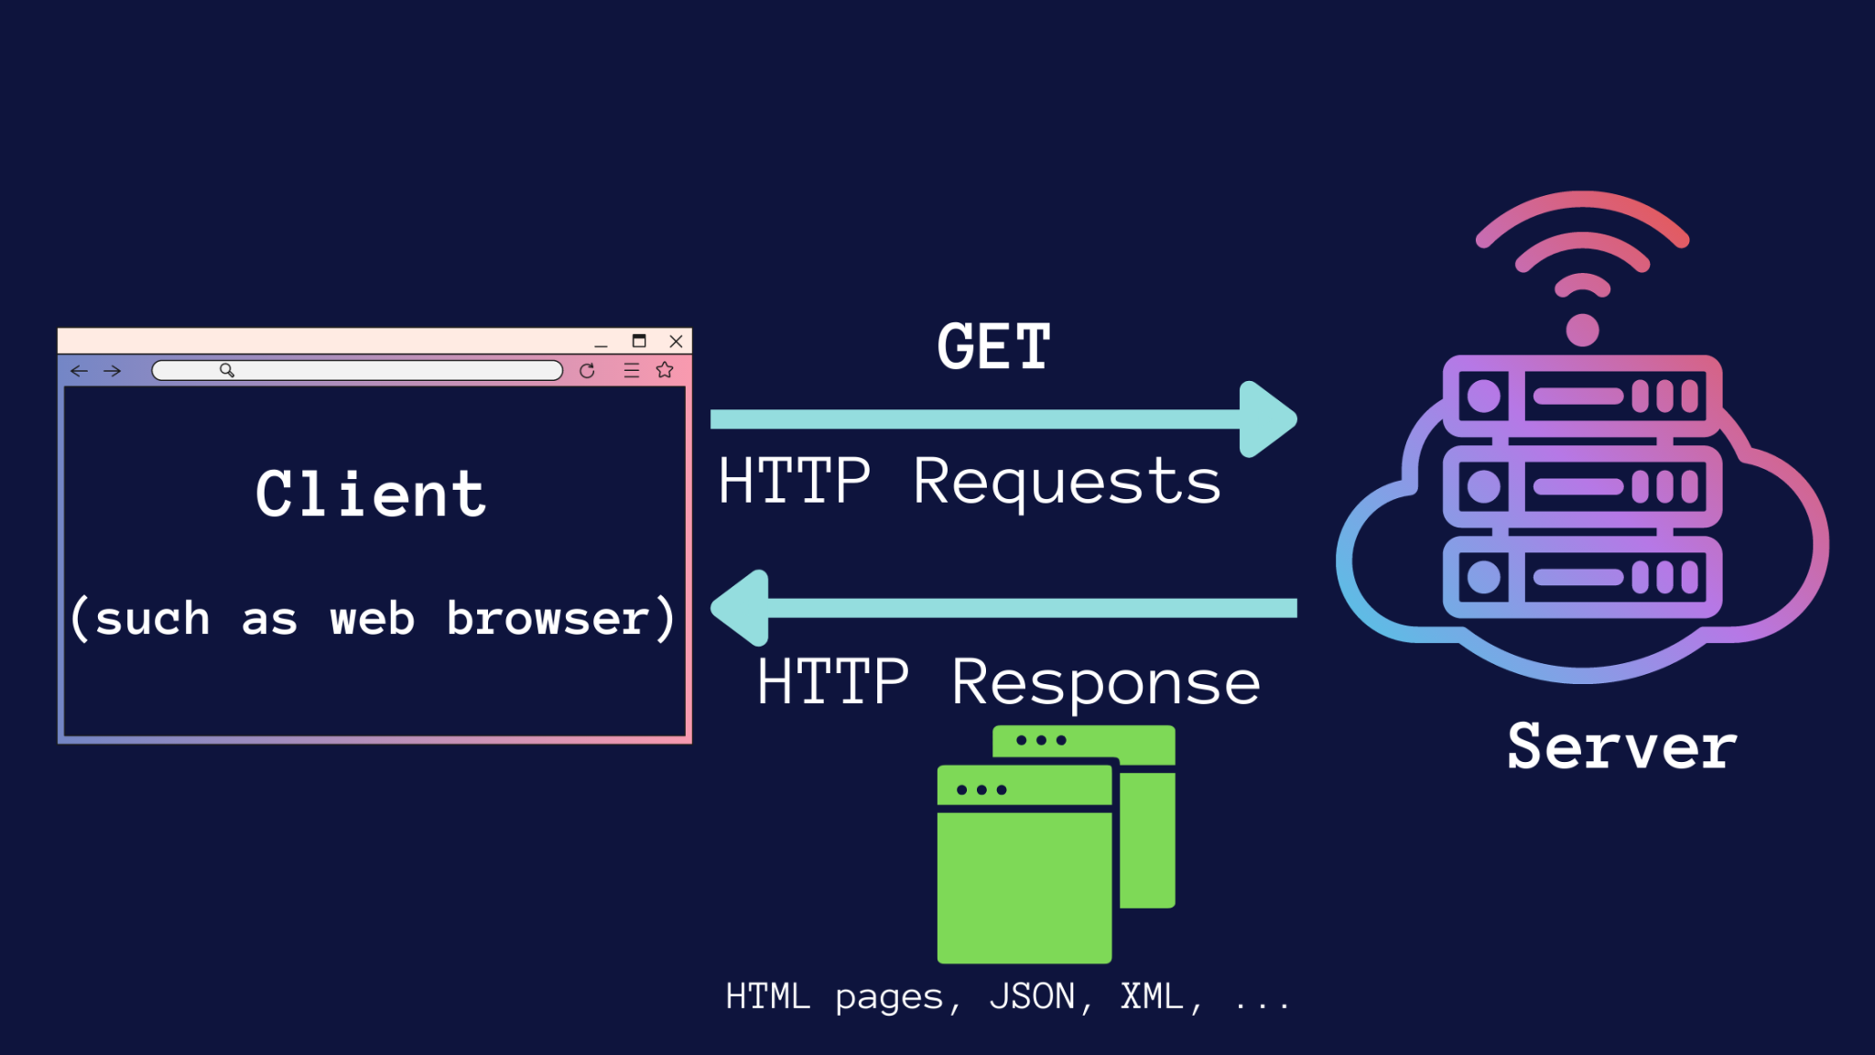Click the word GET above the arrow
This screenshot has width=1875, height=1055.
(x=993, y=347)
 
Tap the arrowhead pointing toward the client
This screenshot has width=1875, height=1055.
(x=741, y=608)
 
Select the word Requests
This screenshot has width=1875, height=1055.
(x=1067, y=483)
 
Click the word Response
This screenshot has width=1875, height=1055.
(x=1105, y=683)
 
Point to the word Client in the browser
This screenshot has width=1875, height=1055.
(x=371, y=495)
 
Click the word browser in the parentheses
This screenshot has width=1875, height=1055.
(x=547, y=619)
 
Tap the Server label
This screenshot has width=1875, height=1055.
(x=1621, y=747)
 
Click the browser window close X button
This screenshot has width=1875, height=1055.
(x=676, y=342)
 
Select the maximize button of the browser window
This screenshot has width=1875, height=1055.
(x=639, y=342)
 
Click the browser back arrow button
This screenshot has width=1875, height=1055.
(x=80, y=371)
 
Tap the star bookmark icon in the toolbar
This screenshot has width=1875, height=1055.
(x=665, y=370)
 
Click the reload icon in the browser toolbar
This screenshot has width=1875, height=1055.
(x=587, y=371)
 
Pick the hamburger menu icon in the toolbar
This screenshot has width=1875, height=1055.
(x=632, y=371)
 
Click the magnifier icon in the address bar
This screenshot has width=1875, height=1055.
(x=227, y=370)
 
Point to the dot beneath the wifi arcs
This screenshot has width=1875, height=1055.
(x=1582, y=330)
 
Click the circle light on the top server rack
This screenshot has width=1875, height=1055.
(x=1483, y=397)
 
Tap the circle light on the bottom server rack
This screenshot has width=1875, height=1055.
(x=1483, y=577)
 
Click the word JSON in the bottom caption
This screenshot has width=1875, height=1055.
(x=1032, y=996)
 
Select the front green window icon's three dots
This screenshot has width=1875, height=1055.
(x=981, y=789)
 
